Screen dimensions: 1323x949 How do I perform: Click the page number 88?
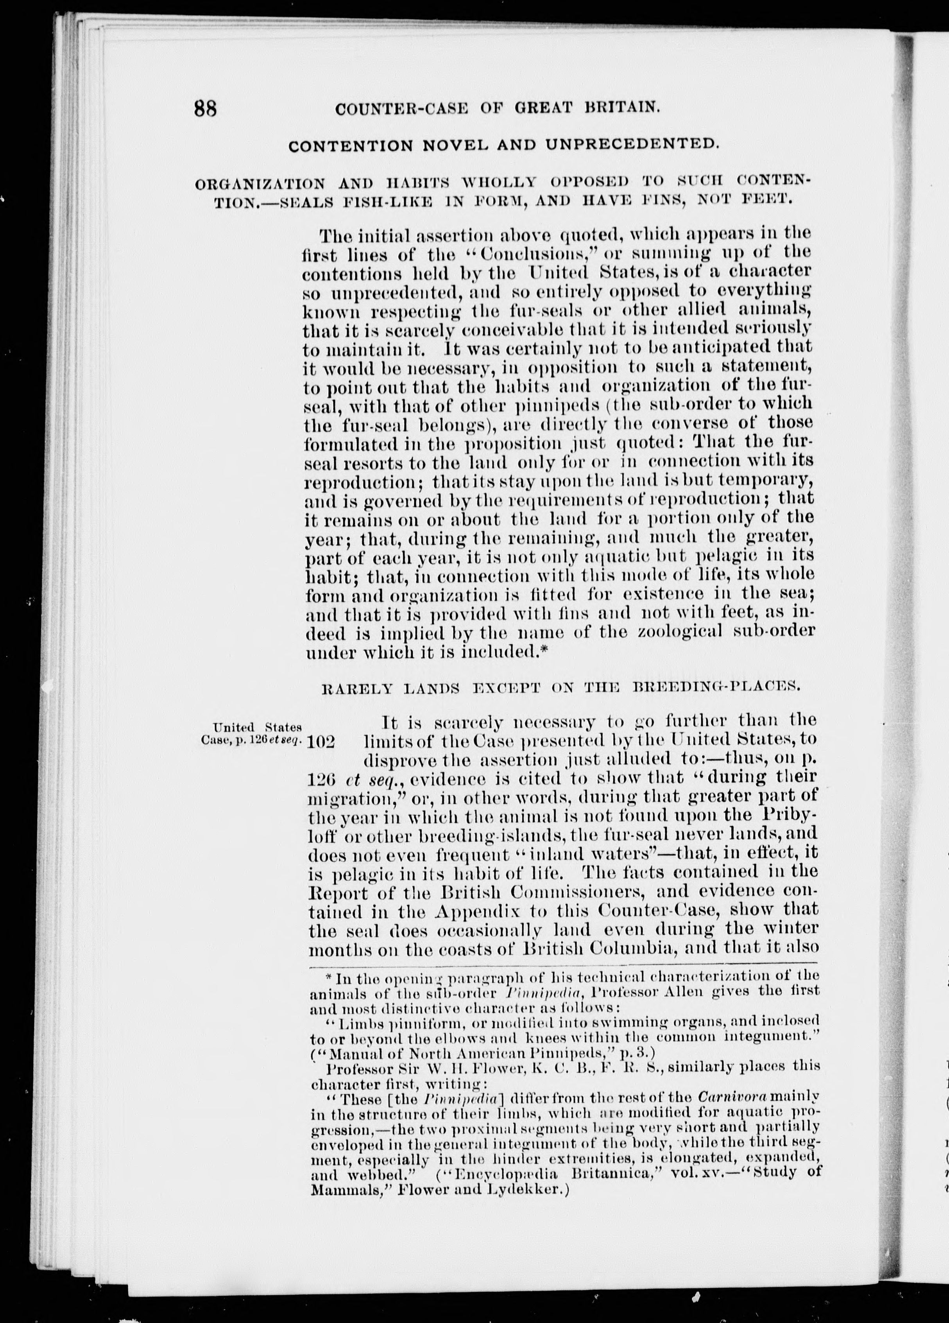point(205,109)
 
